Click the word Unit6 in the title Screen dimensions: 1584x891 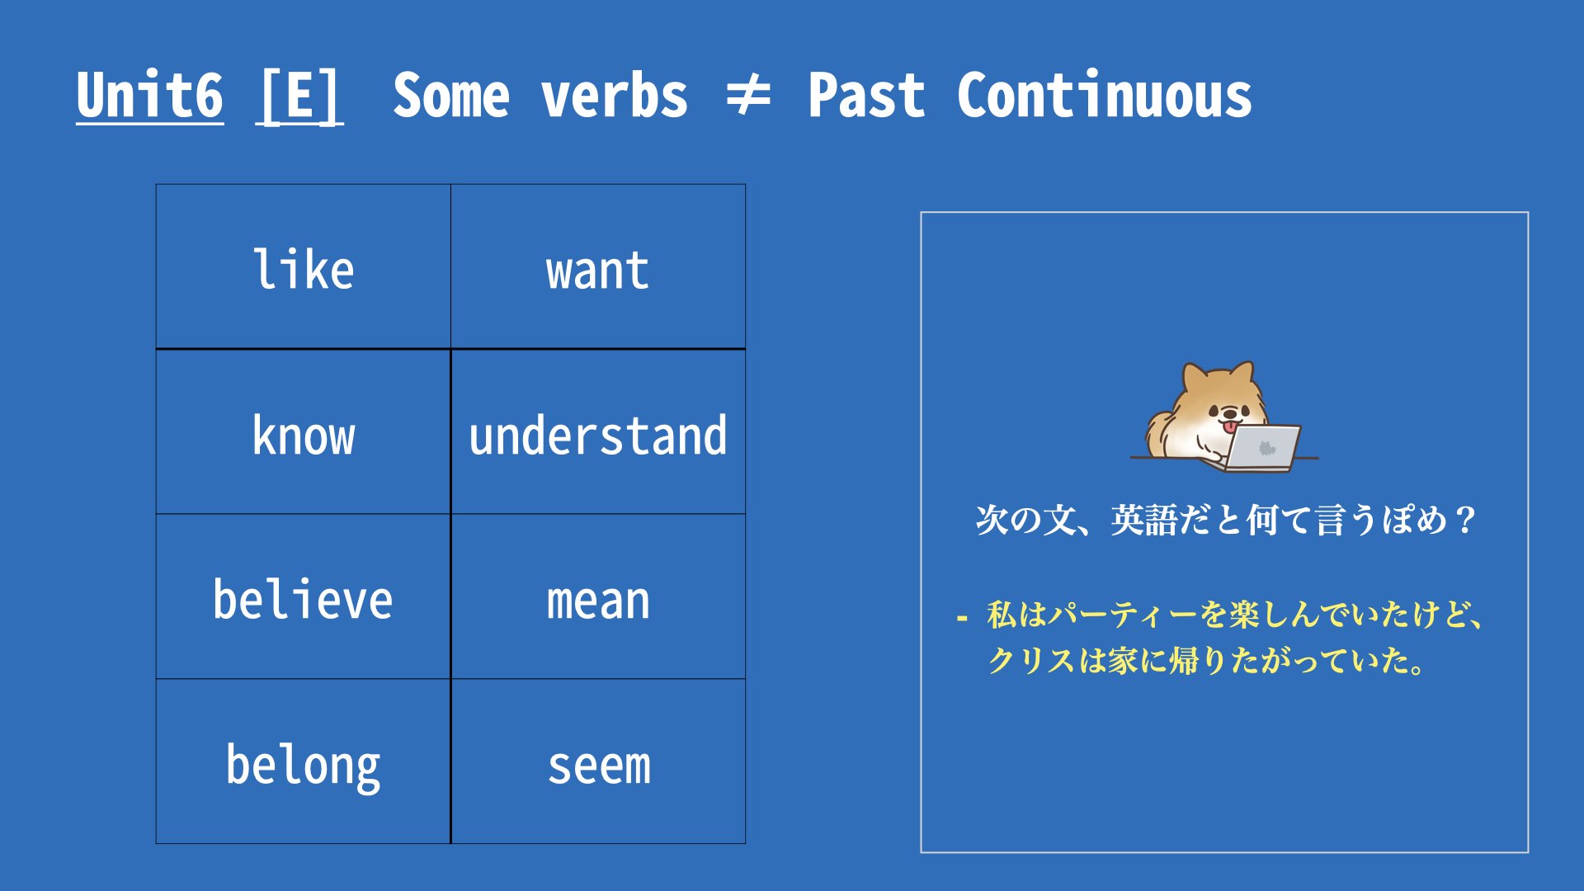point(149,95)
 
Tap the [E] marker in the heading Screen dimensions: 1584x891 point(299,97)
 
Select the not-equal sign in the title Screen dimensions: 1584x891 point(747,95)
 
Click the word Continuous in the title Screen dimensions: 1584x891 point(1104,95)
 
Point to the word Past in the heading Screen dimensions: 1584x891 point(866,95)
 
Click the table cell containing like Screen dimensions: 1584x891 point(304,266)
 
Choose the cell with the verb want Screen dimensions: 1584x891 point(598,266)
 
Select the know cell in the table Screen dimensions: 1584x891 point(304,431)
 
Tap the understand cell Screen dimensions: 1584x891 point(598,431)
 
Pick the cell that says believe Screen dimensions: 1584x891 point(304,596)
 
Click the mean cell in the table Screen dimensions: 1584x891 point(598,596)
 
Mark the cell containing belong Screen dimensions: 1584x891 point(304,761)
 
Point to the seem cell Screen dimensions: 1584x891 point(598,761)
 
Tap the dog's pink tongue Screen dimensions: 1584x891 point(1230,427)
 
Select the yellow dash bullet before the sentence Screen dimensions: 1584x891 point(961,617)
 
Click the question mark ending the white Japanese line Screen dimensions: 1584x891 point(1466,520)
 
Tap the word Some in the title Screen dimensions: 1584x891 point(451,95)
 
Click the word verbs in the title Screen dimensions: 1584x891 point(615,95)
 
